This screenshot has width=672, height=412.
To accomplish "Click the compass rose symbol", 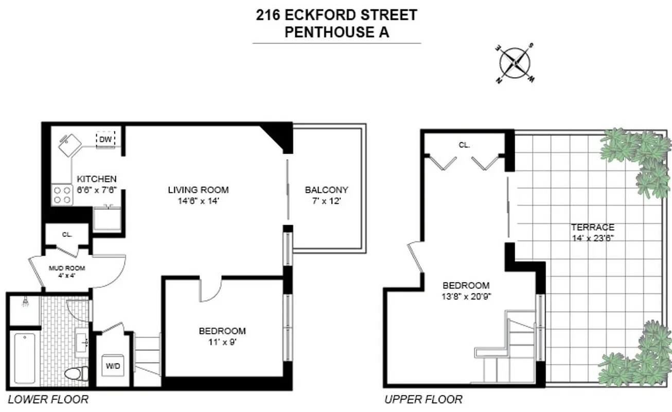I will coord(516,63).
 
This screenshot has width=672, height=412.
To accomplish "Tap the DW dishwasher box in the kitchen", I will coord(105,139).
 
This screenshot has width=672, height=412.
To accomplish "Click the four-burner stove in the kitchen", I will coord(62,195).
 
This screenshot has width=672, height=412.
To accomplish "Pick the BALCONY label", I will coord(326,190).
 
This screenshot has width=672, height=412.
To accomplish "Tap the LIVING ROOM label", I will coord(198,190).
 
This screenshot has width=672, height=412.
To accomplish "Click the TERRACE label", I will coord(592,227).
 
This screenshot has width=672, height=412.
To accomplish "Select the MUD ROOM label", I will coord(66,268).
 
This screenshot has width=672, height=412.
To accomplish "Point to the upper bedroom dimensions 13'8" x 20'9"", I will coord(466,296).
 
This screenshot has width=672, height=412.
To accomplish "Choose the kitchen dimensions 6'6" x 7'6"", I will coord(97,190).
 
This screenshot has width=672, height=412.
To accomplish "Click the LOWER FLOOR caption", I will coord(48,399).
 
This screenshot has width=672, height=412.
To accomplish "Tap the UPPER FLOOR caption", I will coord(423,399).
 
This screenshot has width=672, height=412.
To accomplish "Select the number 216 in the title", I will coord(269,15).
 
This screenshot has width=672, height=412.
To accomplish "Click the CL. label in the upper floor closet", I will coord(464,145).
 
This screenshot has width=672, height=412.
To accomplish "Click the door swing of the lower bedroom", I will coord(210,289).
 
